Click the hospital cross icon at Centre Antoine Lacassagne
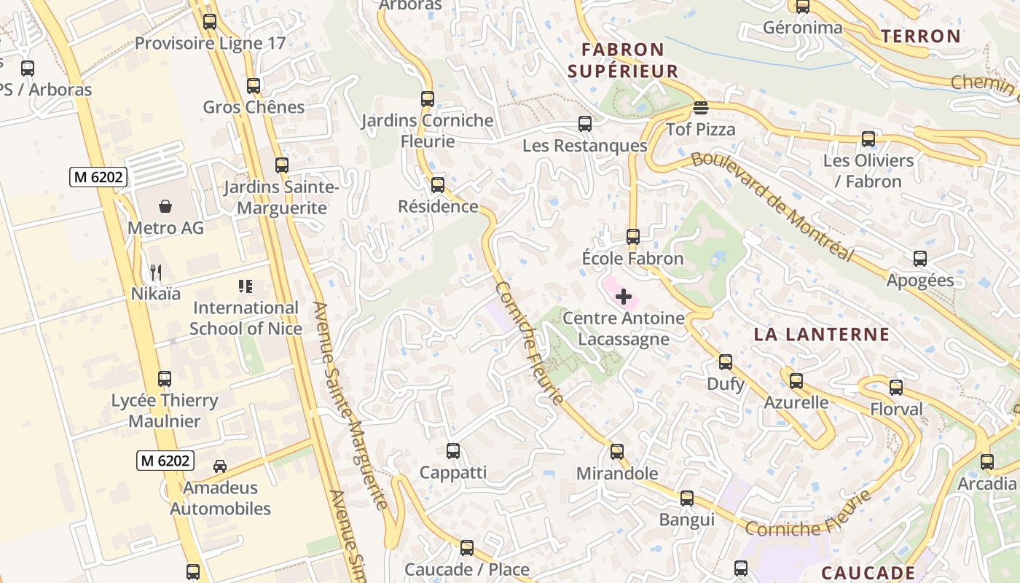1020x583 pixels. pos(624,297)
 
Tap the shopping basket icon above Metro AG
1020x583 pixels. pos(165,206)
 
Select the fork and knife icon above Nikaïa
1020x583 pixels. pos(155,273)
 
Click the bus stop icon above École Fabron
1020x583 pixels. pos(632,237)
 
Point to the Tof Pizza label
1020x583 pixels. pos(700,130)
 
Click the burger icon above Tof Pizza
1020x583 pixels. pos(700,108)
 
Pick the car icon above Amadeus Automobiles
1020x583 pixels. pos(219,466)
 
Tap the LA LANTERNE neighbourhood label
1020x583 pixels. pos(821,334)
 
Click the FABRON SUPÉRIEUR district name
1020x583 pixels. pos(623,60)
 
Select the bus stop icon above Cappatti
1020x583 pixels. pos(452,451)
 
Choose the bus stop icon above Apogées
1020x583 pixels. pos(919,259)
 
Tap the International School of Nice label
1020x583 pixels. pos(246,318)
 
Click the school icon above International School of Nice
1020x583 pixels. pos(246,286)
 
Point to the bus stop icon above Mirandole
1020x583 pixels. pos(616,452)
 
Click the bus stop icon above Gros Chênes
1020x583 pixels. pos(253,86)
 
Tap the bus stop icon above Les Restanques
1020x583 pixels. pos(584,124)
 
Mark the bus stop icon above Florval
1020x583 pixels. pos(895,388)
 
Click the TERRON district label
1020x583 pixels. pos(920,36)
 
